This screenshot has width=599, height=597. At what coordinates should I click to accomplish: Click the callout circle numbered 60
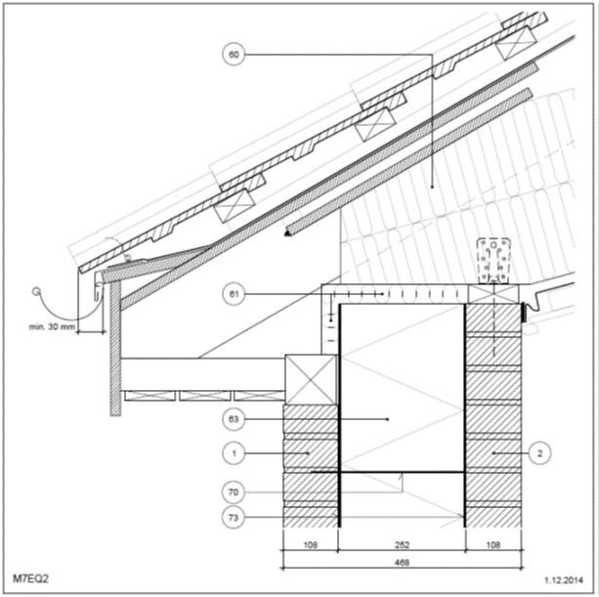[234, 55]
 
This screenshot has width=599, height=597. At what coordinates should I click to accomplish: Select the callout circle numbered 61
[234, 294]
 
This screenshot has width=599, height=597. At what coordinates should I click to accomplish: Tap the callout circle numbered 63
[234, 419]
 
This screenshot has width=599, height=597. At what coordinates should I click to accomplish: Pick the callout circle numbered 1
[234, 453]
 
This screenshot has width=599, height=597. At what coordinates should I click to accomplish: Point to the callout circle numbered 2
[539, 453]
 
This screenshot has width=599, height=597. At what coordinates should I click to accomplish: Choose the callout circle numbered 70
[234, 492]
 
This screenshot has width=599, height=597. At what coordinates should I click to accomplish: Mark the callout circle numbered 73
[234, 518]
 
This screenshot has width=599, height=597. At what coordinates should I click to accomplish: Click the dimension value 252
[402, 544]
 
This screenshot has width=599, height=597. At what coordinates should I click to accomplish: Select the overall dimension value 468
[402, 562]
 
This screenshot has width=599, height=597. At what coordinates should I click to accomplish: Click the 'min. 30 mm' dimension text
[52, 327]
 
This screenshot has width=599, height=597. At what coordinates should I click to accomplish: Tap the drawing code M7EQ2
[30, 578]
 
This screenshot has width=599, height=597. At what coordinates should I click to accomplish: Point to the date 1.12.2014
[564, 580]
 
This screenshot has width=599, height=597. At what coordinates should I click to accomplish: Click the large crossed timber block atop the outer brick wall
[311, 380]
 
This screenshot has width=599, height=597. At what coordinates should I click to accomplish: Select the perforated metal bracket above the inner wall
[493, 261]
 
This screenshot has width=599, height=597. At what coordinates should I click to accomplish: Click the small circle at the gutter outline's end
[36, 292]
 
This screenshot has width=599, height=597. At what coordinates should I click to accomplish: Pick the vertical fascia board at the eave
[115, 349]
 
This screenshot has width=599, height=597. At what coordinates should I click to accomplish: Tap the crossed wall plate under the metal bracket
[493, 294]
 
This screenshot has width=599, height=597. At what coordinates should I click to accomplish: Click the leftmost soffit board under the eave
[150, 396]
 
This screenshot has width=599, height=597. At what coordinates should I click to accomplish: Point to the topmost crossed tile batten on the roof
[516, 43]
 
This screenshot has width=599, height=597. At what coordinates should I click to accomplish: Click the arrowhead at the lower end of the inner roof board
[287, 233]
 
